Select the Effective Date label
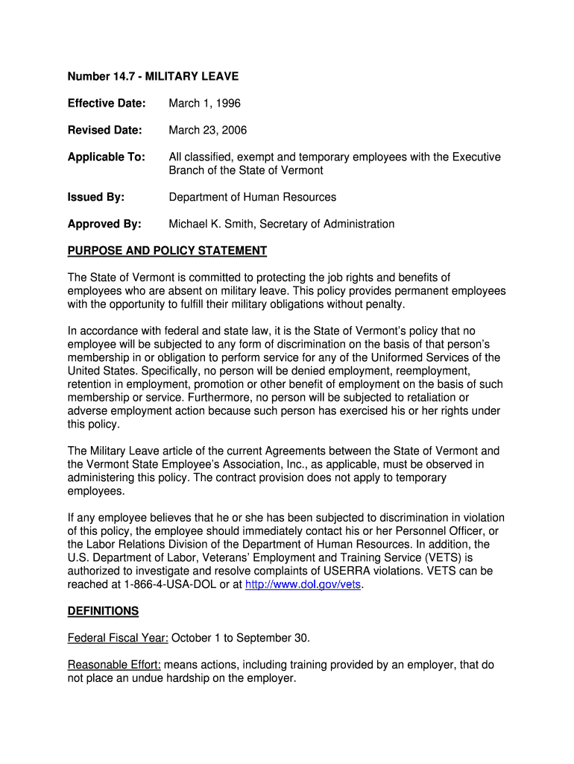[106, 103]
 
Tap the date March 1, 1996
[204, 103]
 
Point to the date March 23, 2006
[207, 130]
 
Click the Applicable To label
[106, 157]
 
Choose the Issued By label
[96, 197]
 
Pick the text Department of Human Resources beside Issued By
[252, 197]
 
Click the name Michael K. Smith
[214, 224]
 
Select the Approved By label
[104, 224]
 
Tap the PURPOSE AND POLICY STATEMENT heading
[167, 251]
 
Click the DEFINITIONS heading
[103, 611]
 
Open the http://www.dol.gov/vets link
[303, 585]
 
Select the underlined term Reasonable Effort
[114, 665]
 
